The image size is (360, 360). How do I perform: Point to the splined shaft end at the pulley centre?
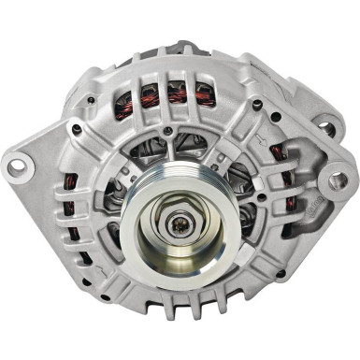click(180, 223)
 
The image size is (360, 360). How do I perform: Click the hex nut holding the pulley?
click(180, 222)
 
